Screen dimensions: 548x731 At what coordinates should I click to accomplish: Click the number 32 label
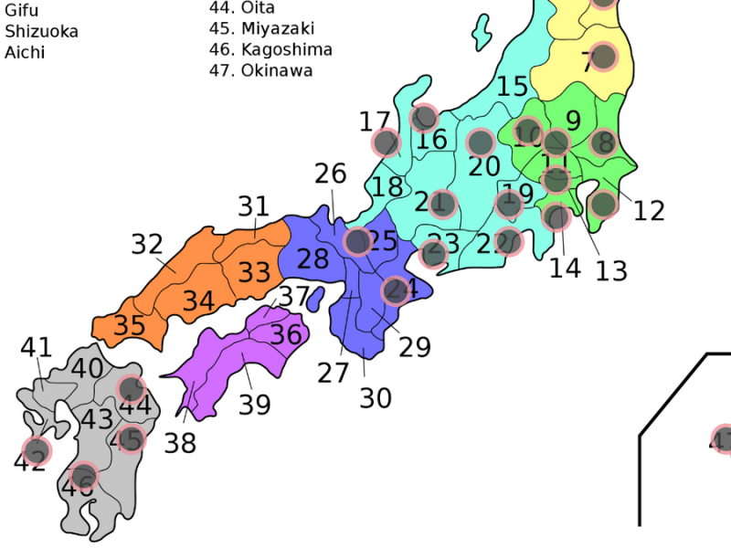(x=146, y=244)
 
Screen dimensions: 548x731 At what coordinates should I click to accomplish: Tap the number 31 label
(x=254, y=206)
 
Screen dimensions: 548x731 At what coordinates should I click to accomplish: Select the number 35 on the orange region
(x=130, y=325)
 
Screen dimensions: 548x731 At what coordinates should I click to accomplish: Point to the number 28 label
(x=313, y=258)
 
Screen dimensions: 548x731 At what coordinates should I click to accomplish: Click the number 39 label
(x=255, y=404)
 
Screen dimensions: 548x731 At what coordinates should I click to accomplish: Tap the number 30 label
(x=375, y=398)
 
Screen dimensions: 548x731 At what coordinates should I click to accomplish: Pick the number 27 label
(x=334, y=373)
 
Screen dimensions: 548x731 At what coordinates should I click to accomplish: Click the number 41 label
(x=37, y=347)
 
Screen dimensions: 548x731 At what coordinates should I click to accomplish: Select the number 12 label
(x=649, y=211)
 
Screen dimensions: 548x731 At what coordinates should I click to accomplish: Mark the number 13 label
(x=611, y=270)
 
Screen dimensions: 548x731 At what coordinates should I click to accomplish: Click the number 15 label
(x=513, y=87)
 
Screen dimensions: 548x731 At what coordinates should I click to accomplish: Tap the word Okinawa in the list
(x=277, y=70)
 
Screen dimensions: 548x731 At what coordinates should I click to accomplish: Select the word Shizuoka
(x=42, y=31)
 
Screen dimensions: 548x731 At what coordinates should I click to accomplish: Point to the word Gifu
(x=22, y=10)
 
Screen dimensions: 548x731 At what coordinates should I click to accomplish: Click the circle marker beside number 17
(x=387, y=142)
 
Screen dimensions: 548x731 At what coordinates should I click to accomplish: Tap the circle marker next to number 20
(x=481, y=142)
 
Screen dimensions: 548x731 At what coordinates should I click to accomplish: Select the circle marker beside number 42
(x=37, y=450)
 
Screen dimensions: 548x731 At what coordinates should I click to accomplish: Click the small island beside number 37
(x=315, y=298)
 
